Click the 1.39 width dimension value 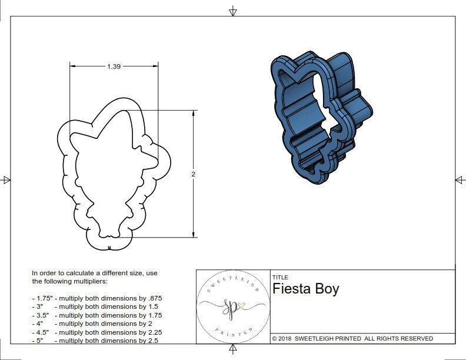point(114,67)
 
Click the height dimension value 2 point(193,175)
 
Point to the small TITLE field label point(279,278)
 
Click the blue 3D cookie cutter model point(321,115)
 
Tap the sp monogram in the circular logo point(230,307)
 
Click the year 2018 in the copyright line point(286,339)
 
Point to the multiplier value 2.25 point(153,332)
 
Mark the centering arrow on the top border point(233,11)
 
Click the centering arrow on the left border point(7,180)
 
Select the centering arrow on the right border point(460,180)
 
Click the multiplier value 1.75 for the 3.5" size point(153,315)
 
